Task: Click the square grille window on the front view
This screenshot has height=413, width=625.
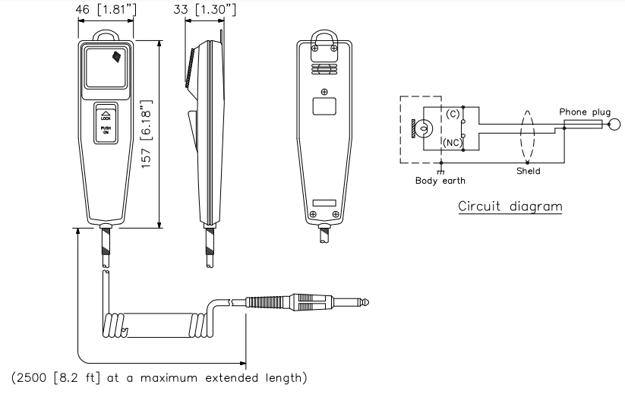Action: click(106, 67)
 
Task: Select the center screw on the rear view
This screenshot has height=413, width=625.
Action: click(325, 92)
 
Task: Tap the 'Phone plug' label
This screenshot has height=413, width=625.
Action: click(584, 112)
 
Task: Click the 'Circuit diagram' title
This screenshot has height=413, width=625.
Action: click(510, 206)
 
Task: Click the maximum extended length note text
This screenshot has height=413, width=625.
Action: click(159, 377)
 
